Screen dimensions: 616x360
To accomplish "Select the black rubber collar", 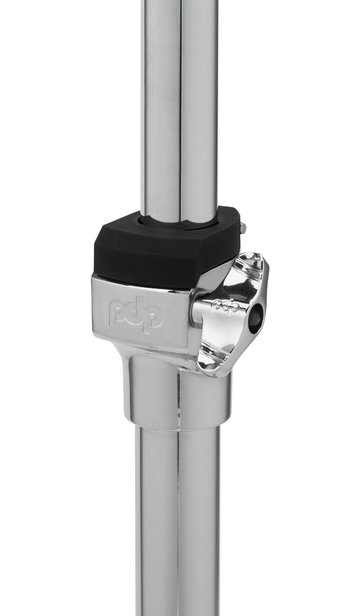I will (x=159, y=250).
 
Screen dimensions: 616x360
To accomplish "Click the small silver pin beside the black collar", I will (x=243, y=228).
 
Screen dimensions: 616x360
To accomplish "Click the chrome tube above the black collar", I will (x=178, y=106).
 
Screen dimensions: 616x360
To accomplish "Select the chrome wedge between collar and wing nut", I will (x=212, y=279).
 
